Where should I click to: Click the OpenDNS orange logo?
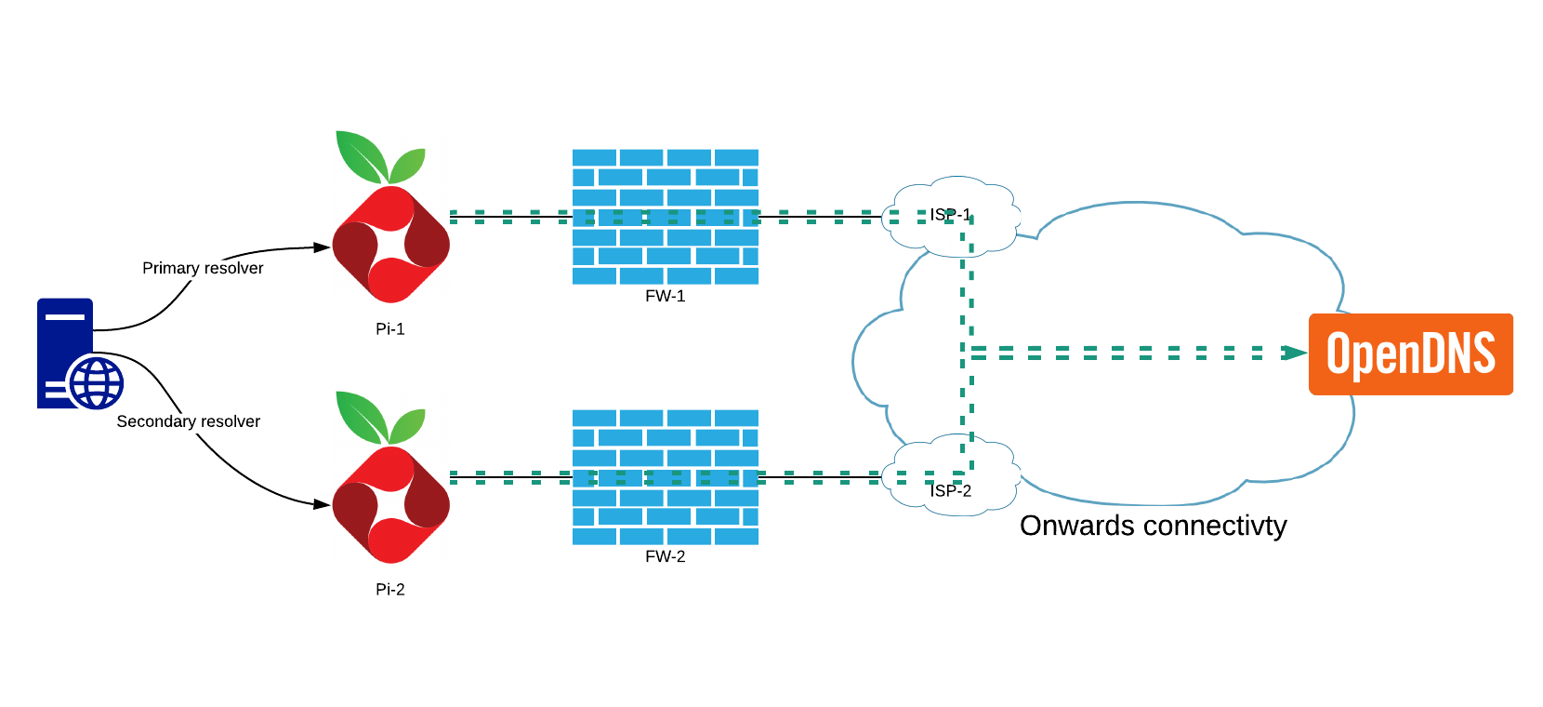click(x=1410, y=354)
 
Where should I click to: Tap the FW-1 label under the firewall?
click(x=665, y=296)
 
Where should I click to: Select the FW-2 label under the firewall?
click(x=665, y=556)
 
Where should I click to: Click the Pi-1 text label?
click(x=389, y=328)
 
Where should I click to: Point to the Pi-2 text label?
click(x=389, y=589)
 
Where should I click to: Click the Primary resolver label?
click(x=203, y=268)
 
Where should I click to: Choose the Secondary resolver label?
click(x=188, y=421)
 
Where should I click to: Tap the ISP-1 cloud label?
click(x=950, y=215)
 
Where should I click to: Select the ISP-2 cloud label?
click(x=950, y=490)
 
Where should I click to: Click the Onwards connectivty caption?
click(x=1153, y=526)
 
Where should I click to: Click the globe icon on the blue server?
click(x=97, y=382)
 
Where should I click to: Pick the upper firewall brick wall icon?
click(x=665, y=216)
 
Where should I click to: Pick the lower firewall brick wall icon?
click(x=665, y=476)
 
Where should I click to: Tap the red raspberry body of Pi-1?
click(x=390, y=244)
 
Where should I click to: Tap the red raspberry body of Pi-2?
click(x=390, y=504)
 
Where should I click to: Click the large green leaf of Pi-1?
click(x=362, y=155)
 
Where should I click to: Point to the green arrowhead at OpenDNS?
click(x=1295, y=353)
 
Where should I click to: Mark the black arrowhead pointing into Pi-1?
click(x=322, y=247)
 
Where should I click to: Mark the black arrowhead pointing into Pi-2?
click(x=322, y=504)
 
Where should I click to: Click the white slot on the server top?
click(x=65, y=316)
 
